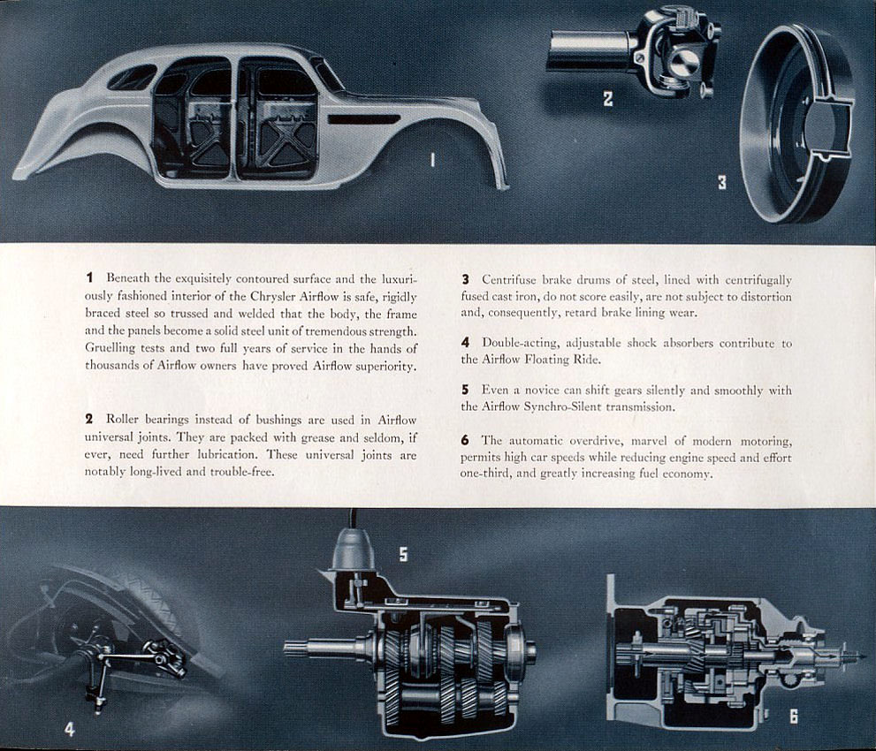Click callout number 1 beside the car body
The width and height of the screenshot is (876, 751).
tap(432, 159)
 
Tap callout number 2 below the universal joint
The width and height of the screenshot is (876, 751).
tap(608, 99)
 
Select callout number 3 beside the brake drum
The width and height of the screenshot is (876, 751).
tap(722, 183)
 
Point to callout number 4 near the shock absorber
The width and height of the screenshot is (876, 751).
tap(70, 729)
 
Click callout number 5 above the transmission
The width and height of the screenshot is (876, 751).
tap(403, 555)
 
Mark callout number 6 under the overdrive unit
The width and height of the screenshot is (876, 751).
tap(793, 717)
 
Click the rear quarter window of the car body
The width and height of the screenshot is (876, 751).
tap(132, 78)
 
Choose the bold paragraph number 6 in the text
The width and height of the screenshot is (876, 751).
tap(465, 440)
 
